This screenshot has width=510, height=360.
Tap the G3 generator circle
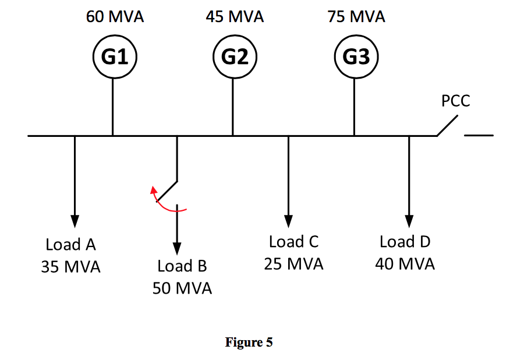click(x=356, y=57)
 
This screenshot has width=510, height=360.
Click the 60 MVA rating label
click(x=115, y=17)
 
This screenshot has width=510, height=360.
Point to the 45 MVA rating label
click(x=235, y=17)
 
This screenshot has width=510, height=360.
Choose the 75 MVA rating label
click(x=356, y=17)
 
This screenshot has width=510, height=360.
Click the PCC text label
click(x=455, y=101)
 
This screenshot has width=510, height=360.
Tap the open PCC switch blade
click(x=448, y=126)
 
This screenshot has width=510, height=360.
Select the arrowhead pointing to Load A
click(x=75, y=221)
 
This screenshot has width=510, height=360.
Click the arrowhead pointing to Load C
click(x=288, y=221)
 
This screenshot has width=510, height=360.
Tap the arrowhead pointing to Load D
click(x=409, y=221)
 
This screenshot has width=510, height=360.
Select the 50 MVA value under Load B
click(x=182, y=288)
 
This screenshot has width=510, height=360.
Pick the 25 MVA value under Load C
click(x=293, y=264)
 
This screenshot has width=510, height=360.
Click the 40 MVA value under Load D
click(x=405, y=264)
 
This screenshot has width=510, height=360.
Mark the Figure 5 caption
click(x=249, y=343)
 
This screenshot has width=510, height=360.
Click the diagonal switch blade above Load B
click(x=167, y=190)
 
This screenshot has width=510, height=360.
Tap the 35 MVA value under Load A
click(x=70, y=267)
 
